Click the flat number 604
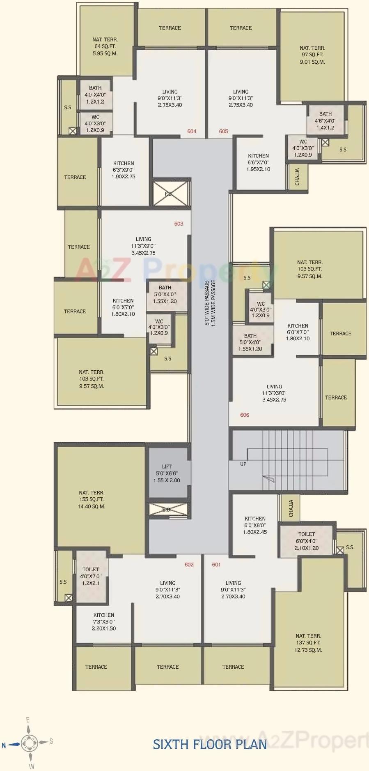click(192, 132)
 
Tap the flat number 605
click(223, 132)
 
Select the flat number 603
click(179, 224)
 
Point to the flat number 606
click(245, 415)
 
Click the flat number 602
click(189, 565)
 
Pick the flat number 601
click(216, 565)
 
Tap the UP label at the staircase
click(243, 464)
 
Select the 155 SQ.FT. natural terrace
click(92, 499)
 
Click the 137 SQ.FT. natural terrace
click(308, 643)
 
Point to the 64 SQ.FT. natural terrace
click(105, 46)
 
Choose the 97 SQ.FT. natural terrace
click(312, 55)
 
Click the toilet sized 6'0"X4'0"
click(307, 541)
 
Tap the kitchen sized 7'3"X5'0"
click(104, 622)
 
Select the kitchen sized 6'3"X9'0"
click(124, 170)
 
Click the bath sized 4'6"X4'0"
click(325, 121)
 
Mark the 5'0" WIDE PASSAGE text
click(207, 303)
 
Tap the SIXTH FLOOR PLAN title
click(210, 744)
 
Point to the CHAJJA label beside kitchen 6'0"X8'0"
click(291, 508)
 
